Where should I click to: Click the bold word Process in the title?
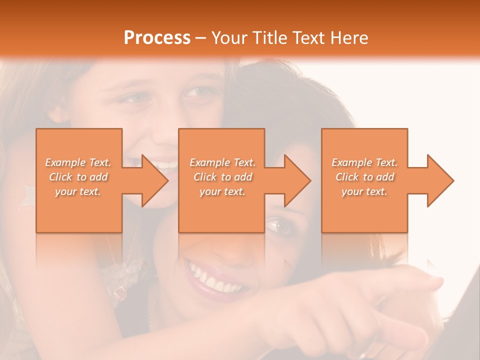[x=157, y=38]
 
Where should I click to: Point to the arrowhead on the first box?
[x=155, y=180]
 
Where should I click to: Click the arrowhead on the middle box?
[x=298, y=180]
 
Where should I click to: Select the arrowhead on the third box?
[x=440, y=180]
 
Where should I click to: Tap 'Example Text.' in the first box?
[x=78, y=162]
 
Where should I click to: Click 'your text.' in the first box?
[x=78, y=191]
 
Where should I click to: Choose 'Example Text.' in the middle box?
[x=222, y=162]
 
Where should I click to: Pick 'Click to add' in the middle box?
[x=222, y=177]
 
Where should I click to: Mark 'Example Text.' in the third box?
[x=364, y=162]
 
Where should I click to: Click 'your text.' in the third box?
[x=364, y=191]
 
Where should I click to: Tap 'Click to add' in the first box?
[x=78, y=177]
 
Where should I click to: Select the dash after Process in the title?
[x=201, y=38]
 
